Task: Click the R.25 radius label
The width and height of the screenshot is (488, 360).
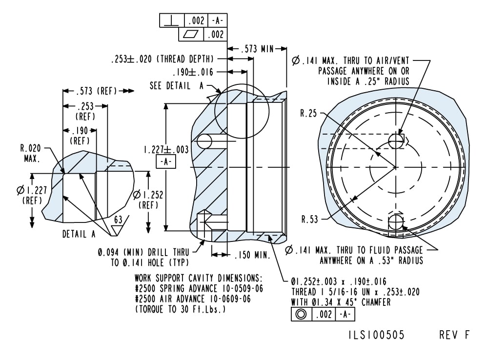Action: point(308,114)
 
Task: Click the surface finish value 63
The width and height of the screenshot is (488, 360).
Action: point(118,220)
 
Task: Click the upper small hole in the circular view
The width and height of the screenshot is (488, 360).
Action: point(396,140)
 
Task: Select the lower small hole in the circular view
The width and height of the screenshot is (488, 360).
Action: point(396,222)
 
